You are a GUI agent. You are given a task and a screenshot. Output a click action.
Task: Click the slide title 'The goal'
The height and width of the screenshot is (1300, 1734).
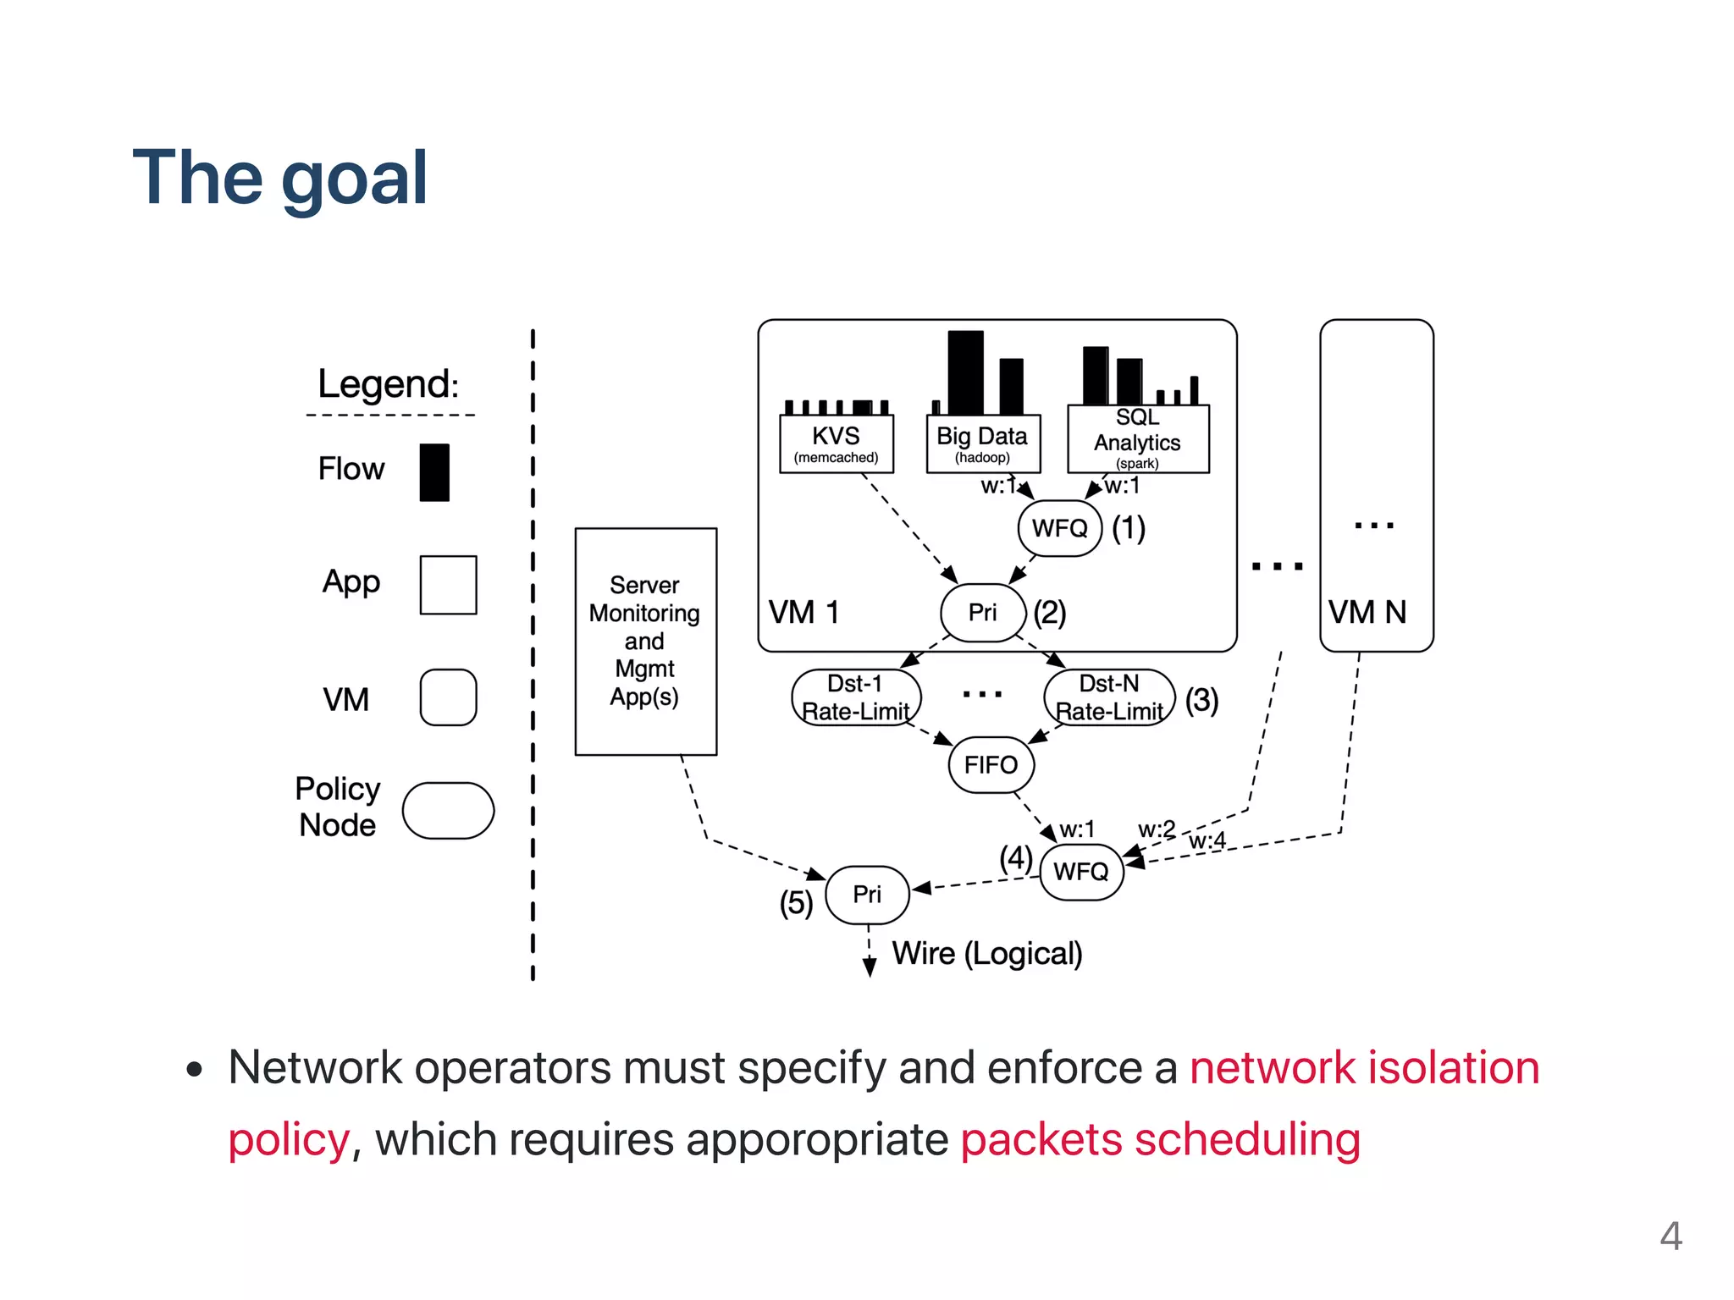pyautogui.click(x=280, y=178)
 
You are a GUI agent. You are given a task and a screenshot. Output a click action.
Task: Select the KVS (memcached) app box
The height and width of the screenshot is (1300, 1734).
pyautogui.click(x=836, y=443)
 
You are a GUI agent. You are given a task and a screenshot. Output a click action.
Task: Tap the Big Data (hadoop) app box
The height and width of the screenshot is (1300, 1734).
pyautogui.click(x=982, y=443)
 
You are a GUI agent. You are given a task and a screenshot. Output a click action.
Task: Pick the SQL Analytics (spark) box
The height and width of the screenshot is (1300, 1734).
pyautogui.click(x=1137, y=439)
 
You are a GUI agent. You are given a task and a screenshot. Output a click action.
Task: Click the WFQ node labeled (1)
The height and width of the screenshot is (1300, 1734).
pyautogui.click(x=1059, y=528)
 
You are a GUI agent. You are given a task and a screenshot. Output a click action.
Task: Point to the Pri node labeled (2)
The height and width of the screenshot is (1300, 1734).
pyautogui.click(x=982, y=612)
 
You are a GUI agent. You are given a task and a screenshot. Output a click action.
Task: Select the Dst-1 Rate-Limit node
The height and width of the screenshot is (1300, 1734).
pyautogui.click(x=855, y=697)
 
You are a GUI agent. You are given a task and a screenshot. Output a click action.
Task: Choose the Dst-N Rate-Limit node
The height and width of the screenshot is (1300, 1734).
pyautogui.click(x=1109, y=697)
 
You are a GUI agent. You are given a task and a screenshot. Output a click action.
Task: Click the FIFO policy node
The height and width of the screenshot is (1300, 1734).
pyautogui.click(x=991, y=765)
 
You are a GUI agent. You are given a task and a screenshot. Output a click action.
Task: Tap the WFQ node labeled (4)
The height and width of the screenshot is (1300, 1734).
pyautogui.click(x=1080, y=872)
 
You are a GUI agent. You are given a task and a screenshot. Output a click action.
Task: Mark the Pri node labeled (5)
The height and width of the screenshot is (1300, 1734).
pyautogui.click(x=867, y=895)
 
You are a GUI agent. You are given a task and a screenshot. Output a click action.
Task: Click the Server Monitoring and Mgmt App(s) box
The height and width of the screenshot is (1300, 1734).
pyautogui.click(x=645, y=641)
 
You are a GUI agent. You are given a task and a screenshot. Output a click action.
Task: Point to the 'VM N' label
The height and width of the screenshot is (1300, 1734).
pyautogui.click(x=1367, y=612)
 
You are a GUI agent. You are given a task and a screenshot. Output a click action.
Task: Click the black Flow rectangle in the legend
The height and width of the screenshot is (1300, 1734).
pyautogui.click(x=434, y=472)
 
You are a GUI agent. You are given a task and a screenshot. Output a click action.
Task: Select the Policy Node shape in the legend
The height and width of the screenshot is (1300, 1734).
pyautogui.click(x=448, y=811)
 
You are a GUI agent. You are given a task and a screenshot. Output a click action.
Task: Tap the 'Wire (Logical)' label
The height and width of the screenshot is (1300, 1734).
pyautogui.click(x=987, y=954)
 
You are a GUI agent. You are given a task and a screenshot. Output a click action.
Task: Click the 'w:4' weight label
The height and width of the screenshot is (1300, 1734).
pyautogui.click(x=1207, y=840)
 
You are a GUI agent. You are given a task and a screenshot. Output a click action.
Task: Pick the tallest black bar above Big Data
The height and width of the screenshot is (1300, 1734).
pyautogui.click(x=965, y=372)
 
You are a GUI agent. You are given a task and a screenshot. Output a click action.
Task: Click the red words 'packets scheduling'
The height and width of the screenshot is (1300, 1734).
pyautogui.click(x=1160, y=1139)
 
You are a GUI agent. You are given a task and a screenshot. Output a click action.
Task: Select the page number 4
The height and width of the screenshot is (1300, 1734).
pyautogui.click(x=1670, y=1237)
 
